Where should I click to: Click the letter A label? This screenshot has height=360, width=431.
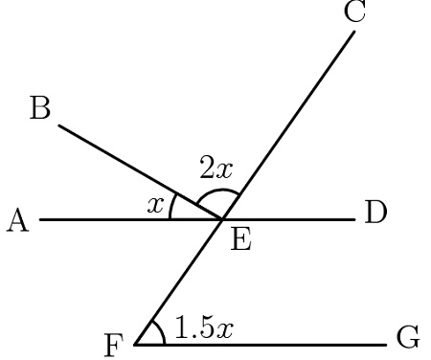(16, 221)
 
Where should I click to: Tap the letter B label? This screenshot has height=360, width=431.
(40, 109)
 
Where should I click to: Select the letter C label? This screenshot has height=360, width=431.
(355, 12)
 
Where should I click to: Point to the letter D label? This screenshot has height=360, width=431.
(375, 213)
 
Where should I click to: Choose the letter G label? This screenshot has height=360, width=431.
(408, 338)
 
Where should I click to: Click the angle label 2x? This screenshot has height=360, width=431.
(215, 169)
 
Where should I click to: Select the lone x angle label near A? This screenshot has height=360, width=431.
(154, 203)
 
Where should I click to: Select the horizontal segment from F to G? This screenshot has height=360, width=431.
(278, 344)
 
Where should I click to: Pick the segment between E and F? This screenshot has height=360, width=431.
(180, 281)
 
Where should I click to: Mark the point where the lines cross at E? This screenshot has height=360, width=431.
(223, 219)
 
